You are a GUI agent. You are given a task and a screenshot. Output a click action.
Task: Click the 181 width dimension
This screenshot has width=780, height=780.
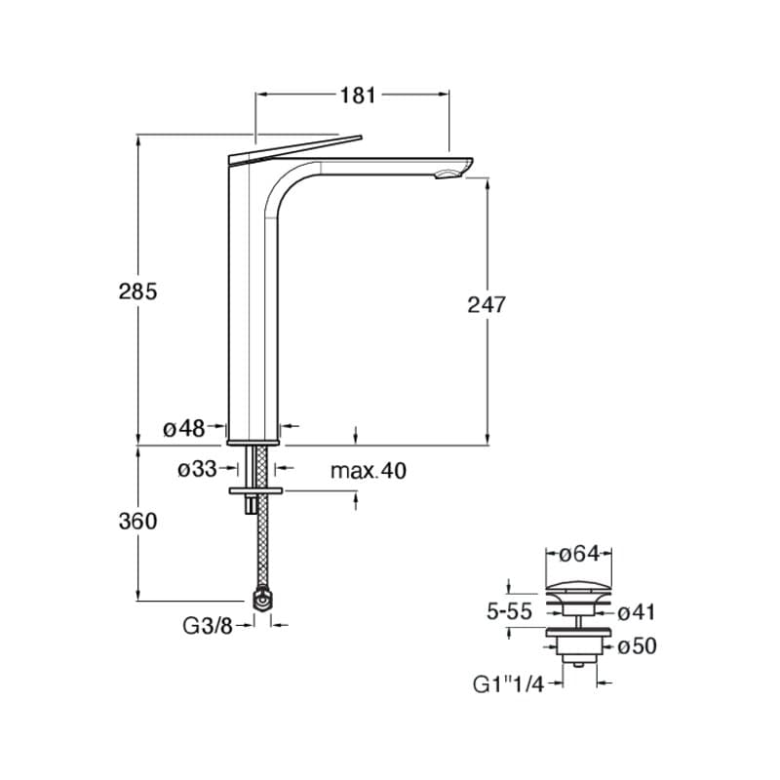[x=358, y=96]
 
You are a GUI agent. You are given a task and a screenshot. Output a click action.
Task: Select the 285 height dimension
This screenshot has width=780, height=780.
[x=137, y=292]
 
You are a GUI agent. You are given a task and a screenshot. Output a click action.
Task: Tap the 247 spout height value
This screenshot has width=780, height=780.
[x=486, y=304]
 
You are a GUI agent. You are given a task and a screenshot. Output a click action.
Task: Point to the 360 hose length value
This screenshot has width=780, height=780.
[x=137, y=522]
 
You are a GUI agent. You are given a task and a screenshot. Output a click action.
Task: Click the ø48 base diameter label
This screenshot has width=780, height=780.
[x=184, y=428]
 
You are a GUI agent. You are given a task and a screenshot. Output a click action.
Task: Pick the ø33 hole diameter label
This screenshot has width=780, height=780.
[x=198, y=469]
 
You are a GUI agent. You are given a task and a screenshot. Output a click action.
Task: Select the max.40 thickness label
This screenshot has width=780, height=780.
[x=369, y=471]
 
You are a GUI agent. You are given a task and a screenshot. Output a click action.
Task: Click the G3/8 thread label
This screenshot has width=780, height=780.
[x=208, y=626]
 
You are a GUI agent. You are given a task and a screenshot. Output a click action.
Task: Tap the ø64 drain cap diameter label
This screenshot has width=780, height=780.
[x=579, y=554]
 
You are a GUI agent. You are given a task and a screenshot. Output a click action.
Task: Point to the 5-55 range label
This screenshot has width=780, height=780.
[x=509, y=612]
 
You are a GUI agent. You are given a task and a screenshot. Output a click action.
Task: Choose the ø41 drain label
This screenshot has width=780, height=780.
[x=637, y=613]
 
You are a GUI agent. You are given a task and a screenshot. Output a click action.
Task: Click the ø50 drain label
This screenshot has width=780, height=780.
[x=638, y=646]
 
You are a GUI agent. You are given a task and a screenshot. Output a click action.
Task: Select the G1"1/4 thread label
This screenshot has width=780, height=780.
[x=508, y=685]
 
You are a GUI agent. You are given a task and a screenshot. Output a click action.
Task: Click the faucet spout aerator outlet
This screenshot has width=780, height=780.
[x=447, y=174]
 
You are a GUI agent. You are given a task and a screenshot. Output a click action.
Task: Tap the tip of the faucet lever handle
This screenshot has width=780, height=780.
[x=361, y=136]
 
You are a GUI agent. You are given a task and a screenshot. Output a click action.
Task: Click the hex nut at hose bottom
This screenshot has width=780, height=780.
[x=261, y=599]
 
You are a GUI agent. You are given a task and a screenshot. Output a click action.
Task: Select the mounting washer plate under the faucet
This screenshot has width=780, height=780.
[x=255, y=491]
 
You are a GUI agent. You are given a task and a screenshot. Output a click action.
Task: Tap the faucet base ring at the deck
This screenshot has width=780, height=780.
[x=253, y=443]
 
